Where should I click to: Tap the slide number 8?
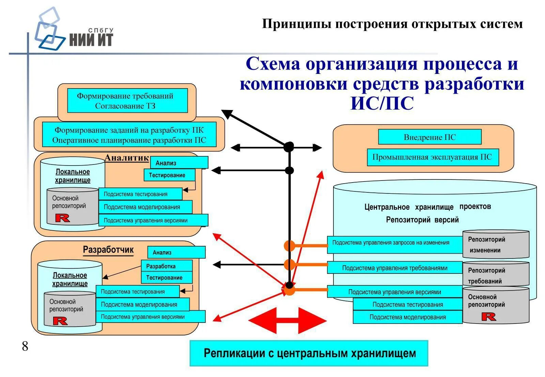point(25,346)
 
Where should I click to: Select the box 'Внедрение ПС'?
point(430,137)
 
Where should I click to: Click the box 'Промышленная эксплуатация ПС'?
point(432,157)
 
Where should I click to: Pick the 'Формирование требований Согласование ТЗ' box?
point(127,101)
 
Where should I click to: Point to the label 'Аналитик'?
point(126,158)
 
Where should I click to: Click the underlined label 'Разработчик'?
point(108,250)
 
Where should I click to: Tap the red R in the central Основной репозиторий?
point(488,317)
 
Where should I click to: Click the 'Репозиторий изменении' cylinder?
point(496,245)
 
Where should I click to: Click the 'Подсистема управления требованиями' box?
point(394,268)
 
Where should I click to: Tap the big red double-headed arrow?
point(287,320)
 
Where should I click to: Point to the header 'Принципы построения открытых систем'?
point(392,24)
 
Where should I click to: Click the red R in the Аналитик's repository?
point(62,218)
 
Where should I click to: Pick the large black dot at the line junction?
point(289,147)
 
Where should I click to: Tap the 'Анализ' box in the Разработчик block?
point(176,252)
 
